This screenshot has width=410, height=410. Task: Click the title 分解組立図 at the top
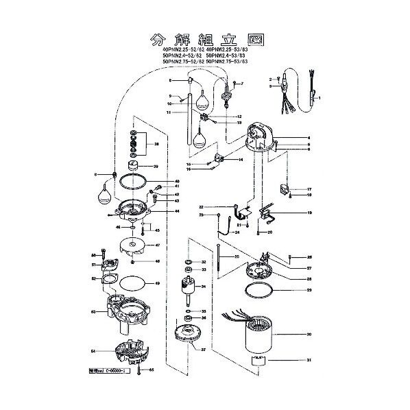tap(204, 38)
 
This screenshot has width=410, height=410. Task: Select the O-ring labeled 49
tap(132, 282)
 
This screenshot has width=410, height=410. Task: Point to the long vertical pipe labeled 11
tap(187, 117)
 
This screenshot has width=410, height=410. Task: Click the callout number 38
tap(156, 145)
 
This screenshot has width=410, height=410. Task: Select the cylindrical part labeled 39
tap(133, 167)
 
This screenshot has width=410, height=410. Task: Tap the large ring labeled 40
tap(132, 182)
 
